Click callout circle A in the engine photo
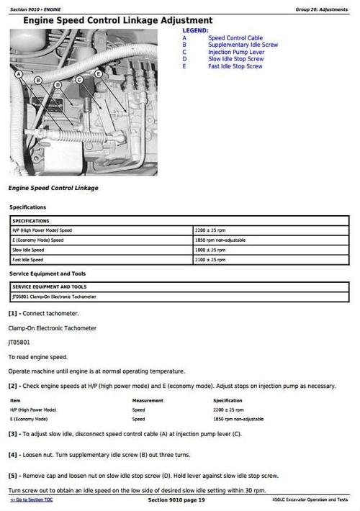point(18,74)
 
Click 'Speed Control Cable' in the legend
point(235,38)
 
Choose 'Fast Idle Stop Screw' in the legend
point(235,66)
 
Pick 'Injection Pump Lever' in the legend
point(235,53)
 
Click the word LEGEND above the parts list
point(195,31)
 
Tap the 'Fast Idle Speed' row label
point(28,260)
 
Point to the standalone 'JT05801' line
point(20,343)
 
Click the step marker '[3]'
point(14,434)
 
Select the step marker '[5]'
point(14,476)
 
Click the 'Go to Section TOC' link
point(32,499)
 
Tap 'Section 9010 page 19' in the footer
point(176,499)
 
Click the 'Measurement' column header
point(148,400)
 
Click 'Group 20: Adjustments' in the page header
point(323,9)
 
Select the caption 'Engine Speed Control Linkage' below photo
point(53,188)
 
